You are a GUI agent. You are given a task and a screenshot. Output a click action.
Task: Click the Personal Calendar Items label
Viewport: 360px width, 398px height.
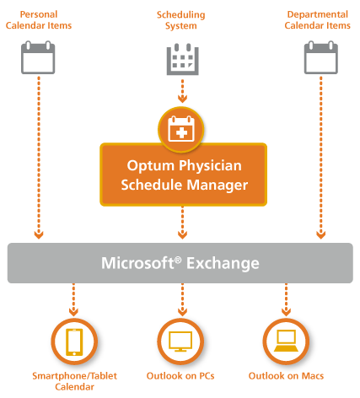click(39, 20)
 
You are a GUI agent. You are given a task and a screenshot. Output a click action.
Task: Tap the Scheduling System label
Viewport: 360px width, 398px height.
click(181, 20)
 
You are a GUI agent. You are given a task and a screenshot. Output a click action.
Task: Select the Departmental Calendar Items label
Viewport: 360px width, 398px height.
click(318, 20)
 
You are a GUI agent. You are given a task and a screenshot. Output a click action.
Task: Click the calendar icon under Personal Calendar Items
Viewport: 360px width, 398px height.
click(38, 57)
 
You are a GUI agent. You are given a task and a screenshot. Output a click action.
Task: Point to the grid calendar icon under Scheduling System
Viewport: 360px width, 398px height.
click(183, 59)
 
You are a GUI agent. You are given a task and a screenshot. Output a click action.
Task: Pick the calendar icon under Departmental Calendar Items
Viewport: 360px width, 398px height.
click(321, 57)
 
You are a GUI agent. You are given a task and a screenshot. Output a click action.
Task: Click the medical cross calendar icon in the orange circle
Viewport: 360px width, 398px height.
click(181, 129)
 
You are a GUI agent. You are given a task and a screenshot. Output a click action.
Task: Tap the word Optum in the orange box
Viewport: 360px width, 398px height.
click(151, 165)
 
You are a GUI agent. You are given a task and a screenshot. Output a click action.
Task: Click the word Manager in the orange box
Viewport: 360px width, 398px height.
click(218, 186)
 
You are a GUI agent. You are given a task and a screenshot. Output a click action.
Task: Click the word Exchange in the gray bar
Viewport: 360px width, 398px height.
click(223, 264)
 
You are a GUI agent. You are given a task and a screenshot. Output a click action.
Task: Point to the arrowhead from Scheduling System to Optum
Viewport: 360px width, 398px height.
click(182, 99)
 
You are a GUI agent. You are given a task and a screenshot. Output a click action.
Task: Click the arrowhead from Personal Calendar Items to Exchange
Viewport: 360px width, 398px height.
click(39, 234)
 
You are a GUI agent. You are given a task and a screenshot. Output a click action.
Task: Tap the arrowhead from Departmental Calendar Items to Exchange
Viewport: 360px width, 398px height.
click(321, 234)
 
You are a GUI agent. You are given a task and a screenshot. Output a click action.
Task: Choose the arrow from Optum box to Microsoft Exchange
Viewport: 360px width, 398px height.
click(182, 223)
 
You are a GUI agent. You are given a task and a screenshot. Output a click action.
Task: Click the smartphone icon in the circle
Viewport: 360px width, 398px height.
click(74, 342)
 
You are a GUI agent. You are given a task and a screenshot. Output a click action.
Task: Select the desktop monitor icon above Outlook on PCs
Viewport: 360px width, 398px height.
click(180, 342)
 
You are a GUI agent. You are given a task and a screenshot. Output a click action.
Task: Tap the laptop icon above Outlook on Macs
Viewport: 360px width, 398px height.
click(286, 341)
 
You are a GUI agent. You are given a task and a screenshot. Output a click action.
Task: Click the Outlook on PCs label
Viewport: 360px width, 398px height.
click(180, 376)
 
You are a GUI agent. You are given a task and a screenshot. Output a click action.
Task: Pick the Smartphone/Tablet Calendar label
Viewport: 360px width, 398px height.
click(74, 381)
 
